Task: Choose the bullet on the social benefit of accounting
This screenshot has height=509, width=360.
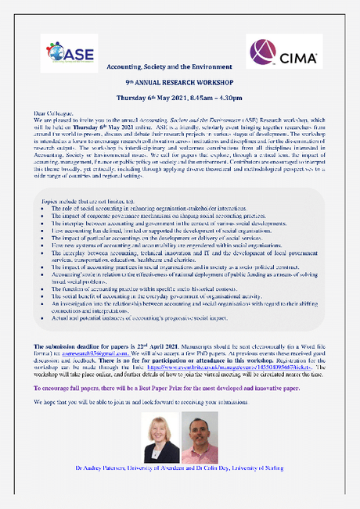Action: click(x=156, y=297)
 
